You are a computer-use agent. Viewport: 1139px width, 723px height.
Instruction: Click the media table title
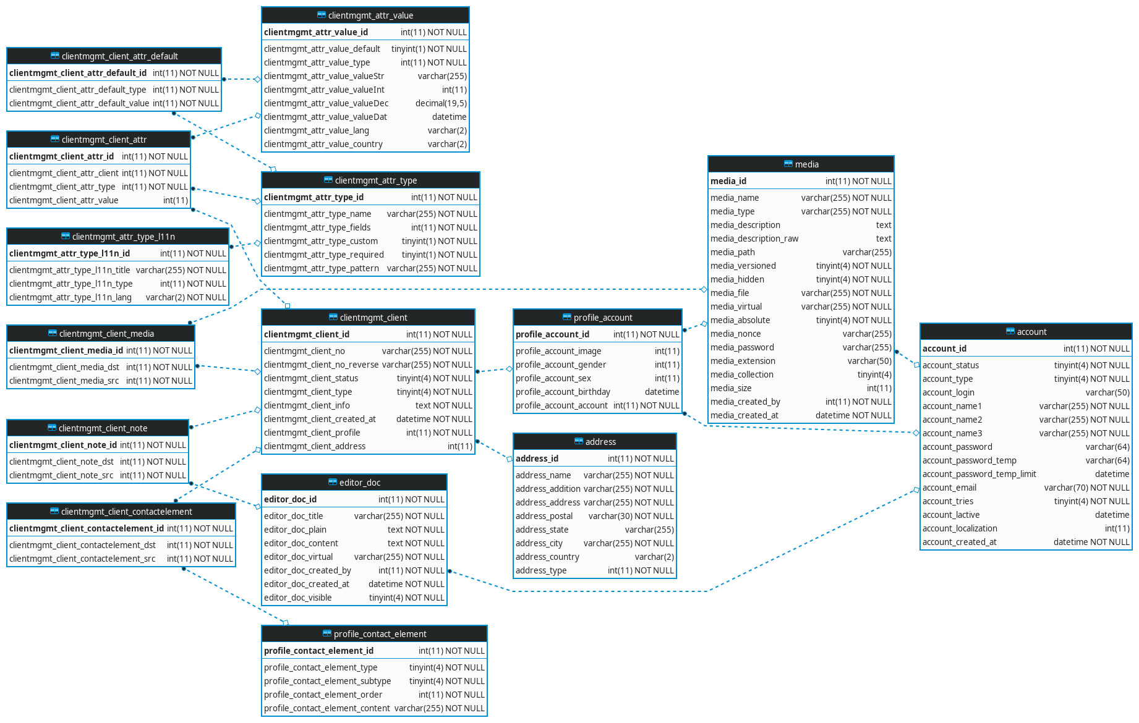[806, 164]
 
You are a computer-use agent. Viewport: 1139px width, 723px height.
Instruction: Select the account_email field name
[949, 488]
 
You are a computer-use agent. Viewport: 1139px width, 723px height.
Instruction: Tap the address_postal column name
[544, 516]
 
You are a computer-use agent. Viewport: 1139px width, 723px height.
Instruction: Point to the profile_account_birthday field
[563, 392]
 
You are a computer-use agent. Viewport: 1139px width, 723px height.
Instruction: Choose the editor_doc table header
[359, 483]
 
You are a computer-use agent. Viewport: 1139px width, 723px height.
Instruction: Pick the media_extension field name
[743, 361]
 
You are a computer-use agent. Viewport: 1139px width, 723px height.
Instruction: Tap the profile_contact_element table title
[380, 634]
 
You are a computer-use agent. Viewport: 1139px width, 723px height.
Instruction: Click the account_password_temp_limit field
[979, 474]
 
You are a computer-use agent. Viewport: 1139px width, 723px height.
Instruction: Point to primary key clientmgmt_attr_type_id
[314, 197]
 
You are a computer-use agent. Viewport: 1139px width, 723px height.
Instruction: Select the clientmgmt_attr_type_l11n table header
[123, 237]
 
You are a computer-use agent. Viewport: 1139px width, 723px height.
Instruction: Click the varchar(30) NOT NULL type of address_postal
[631, 516]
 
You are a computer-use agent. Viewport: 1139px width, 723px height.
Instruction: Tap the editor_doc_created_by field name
[307, 570]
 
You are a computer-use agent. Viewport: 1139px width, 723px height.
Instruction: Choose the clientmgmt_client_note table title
[103, 428]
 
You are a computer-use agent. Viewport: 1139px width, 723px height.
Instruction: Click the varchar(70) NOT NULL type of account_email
[1086, 488]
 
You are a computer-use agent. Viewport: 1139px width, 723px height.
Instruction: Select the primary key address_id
[537, 459]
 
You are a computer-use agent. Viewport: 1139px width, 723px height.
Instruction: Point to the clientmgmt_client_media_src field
[64, 381]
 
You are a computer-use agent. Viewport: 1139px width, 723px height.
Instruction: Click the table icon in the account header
[1010, 332]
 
